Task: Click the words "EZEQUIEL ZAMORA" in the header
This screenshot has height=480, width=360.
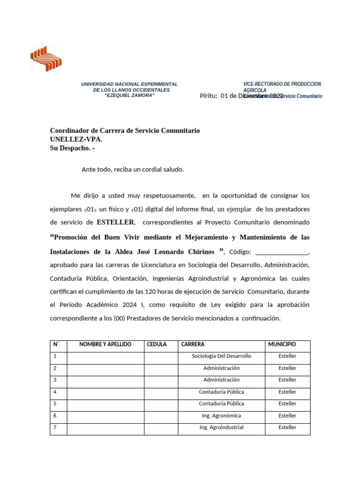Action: (129, 95)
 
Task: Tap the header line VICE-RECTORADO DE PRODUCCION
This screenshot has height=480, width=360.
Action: (282, 84)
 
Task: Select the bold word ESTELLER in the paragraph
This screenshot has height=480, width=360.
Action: (116, 222)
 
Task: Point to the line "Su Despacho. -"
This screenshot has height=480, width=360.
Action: (72, 148)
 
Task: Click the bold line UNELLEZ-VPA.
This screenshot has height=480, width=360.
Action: (75, 139)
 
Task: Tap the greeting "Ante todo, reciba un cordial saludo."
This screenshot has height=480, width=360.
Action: (133, 169)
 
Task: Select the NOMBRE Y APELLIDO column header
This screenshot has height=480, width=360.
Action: (105, 345)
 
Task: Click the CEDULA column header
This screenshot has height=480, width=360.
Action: (157, 345)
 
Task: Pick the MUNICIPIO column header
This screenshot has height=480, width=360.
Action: (282, 345)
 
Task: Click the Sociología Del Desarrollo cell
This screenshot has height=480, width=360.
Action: (221, 356)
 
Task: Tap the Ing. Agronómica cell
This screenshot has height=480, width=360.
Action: (221, 416)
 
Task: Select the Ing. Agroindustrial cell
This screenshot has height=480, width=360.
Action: (221, 427)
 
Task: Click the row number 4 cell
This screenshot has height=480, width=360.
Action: (58, 392)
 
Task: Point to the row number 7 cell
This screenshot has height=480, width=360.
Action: (58, 427)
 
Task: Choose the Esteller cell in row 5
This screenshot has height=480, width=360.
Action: (287, 404)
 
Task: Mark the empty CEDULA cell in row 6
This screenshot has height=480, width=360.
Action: (160, 416)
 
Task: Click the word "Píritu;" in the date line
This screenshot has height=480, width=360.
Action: (209, 96)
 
